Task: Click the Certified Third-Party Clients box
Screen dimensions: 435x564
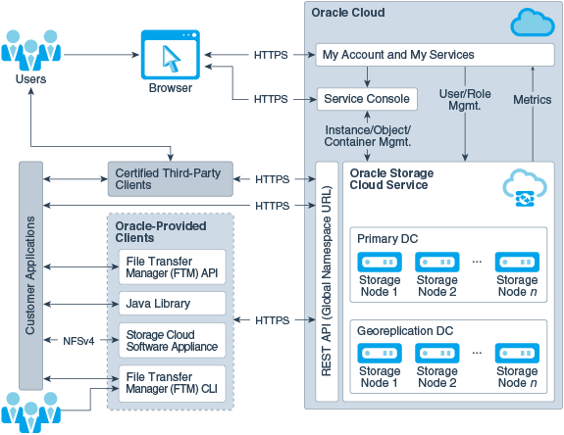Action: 170,178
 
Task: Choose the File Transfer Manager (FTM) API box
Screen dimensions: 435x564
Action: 172,266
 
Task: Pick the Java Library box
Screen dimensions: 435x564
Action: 172,304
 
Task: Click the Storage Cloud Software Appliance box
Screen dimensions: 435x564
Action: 172,340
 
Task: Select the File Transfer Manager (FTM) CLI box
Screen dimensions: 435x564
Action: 172,382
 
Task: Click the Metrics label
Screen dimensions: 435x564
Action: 532,99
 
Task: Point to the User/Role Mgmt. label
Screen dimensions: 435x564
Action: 465,99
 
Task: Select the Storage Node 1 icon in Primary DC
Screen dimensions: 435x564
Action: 380,263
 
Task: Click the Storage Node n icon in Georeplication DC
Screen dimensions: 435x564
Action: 516,355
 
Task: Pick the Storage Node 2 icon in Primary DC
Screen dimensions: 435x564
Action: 437,263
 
